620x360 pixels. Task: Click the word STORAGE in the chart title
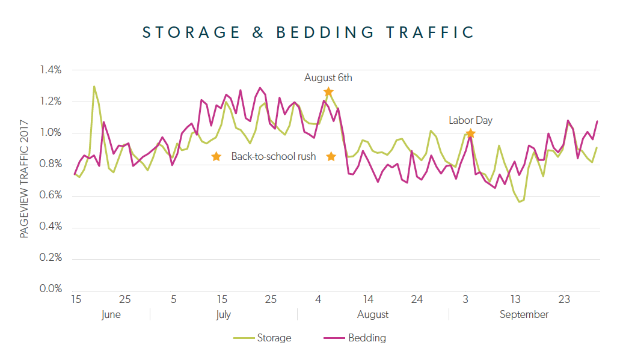click(x=186, y=32)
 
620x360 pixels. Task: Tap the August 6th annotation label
click(x=328, y=78)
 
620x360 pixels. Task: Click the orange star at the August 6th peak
click(x=328, y=92)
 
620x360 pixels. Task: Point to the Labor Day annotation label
click(x=470, y=120)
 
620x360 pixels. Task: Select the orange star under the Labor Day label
click(x=470, y=133)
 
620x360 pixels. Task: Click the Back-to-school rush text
click(x=274, y=157)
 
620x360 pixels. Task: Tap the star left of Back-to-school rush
click(x=216, y=157)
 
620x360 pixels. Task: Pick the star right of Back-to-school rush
click(x=331, y=157)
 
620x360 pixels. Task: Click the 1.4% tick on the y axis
click(x=51, y=70)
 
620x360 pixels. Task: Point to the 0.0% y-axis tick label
click(x=51, y=289)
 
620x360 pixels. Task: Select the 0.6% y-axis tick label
click(x=51, y=195)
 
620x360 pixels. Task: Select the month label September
click(x=524, y=314)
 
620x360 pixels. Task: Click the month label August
click(x=373, y=314)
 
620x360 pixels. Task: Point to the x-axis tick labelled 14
click(x=368, y=299)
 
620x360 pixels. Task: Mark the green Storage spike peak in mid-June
click(x=94, y=87)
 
